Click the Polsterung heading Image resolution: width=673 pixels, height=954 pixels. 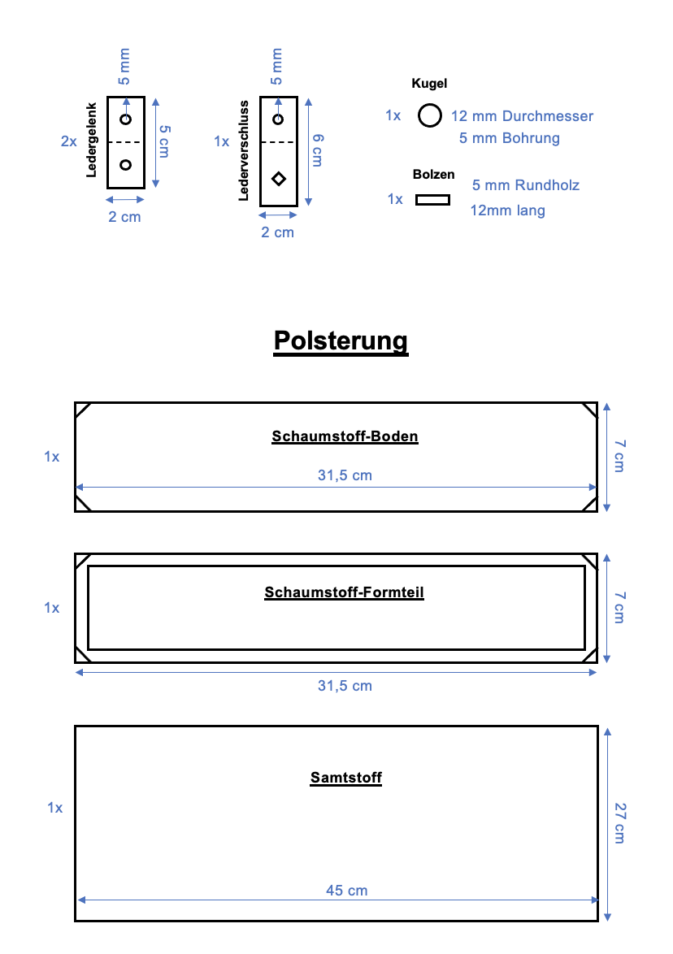click(341, 340)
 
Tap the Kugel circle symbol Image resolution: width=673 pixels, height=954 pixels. click(430, 116)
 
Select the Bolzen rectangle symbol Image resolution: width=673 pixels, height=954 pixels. click(432, 199)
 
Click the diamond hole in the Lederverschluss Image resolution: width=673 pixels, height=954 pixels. click(279, 178)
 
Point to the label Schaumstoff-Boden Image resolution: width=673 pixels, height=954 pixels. click(345, 436)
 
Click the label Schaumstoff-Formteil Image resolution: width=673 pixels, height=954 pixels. click(344, 592)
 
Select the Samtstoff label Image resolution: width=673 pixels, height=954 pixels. click(345, 778)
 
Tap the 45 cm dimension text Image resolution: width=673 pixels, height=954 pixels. click(346, 891)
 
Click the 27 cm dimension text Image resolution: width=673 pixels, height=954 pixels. click(619, 822)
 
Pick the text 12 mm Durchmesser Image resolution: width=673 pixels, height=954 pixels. click(522, 116)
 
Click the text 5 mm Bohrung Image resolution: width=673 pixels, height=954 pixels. click(509, 138)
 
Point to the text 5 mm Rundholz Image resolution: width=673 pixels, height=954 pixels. click(526, 185)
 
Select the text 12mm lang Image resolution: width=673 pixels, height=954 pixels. click(508, 210)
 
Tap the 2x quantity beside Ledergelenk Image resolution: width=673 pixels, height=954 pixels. click(69, 141)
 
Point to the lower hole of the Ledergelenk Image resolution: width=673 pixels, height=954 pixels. click(125, 165)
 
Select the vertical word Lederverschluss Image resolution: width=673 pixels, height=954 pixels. click(243, 150)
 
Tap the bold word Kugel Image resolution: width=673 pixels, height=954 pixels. click(429, 84)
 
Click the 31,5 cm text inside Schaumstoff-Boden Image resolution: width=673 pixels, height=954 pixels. click(345, 475)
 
